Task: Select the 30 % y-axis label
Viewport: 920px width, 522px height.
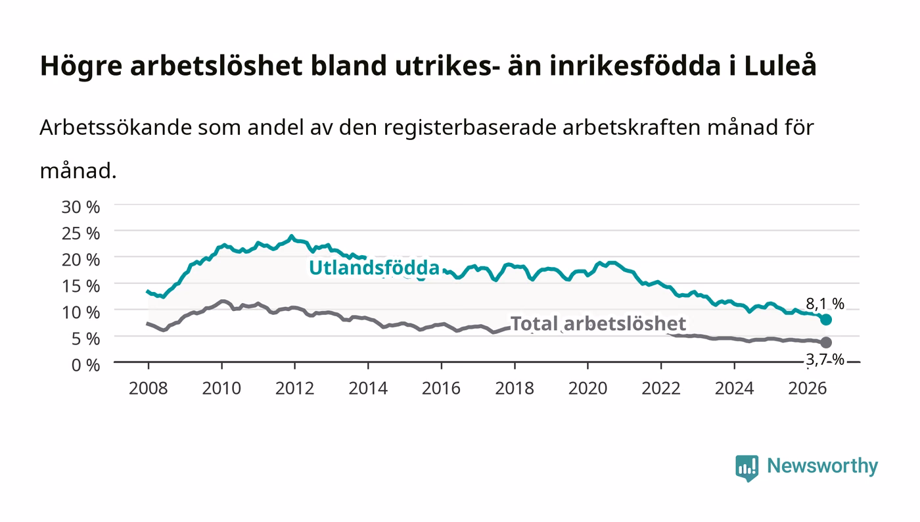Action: (x=81, y=206)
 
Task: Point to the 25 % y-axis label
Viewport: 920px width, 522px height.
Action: (x=81, y=233)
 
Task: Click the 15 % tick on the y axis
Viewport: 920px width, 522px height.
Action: (x=81, y=286)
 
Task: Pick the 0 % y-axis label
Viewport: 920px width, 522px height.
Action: (x=86, y=365)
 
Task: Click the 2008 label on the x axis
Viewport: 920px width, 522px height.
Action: (x=149, y=388)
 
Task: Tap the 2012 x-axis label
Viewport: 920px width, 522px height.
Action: (x=295, y=388)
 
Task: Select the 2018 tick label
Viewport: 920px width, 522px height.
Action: (x=515, y=388)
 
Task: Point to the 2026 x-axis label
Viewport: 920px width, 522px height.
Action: (x=808, y=388)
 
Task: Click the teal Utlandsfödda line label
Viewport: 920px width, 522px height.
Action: (x=374, y=268)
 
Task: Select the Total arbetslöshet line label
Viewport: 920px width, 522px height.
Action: (x=598, y=323)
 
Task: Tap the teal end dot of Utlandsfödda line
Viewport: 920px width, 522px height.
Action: (x=826, y=320)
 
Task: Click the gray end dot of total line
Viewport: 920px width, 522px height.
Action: (x=826, y=343)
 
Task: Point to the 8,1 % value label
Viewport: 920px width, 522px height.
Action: (x=825, y=304)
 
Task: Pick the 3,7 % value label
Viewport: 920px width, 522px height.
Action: (x=825, y=360)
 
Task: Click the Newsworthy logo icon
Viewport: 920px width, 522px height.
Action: (x=747, y=467)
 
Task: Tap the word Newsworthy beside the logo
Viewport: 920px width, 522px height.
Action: (x=823, y=466)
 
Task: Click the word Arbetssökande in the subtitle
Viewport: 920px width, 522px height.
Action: (x=116, y=128)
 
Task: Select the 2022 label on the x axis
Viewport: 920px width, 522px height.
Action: (x=661, y=388)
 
